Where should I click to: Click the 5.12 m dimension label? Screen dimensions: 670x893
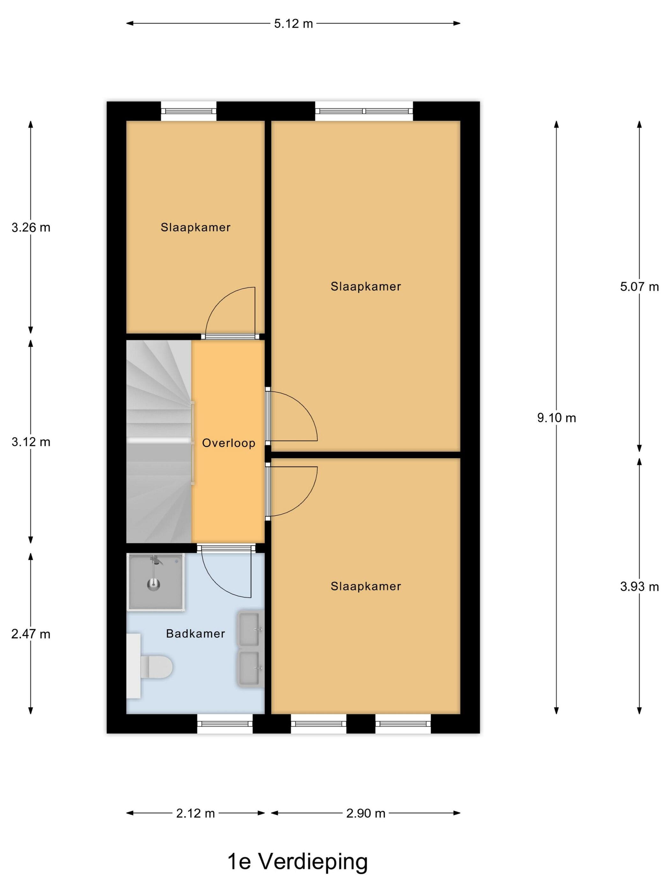point(294,24)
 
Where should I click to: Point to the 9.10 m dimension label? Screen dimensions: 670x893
point(556,418)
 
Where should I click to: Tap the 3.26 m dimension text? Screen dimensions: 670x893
point(31,228)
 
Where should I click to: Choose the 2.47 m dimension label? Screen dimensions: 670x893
point(31,634)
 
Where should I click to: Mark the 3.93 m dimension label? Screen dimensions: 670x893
point(639,587)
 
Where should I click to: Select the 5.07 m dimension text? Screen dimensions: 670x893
point(639,287)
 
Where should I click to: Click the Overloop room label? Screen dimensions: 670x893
point(228,443)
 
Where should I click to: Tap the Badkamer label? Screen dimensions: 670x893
point(196,633)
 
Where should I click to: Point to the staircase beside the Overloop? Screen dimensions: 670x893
point(159,442)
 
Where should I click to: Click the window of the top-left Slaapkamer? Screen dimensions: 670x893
point(189,111)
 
